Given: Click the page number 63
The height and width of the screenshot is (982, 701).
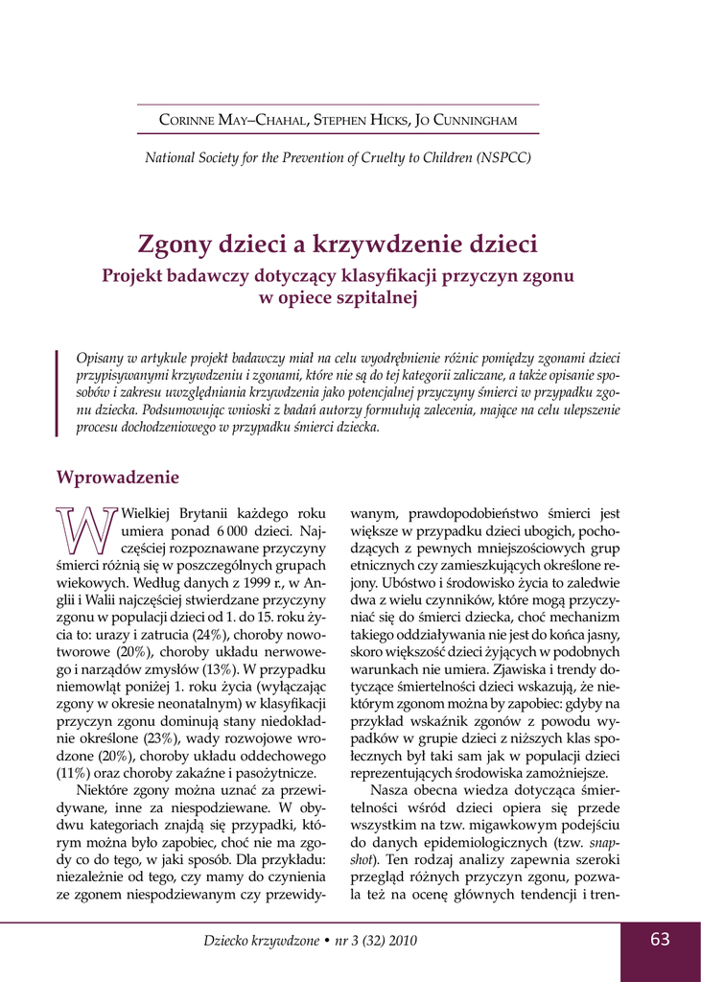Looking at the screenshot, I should point(660,940).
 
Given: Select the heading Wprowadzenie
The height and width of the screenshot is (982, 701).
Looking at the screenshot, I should point(118,478).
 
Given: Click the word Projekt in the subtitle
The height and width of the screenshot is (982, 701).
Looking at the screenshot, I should point(138,276).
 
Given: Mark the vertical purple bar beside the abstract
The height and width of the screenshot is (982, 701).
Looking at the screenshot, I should point(58,392).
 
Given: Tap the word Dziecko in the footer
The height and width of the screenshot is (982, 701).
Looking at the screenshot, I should point(230,941).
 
